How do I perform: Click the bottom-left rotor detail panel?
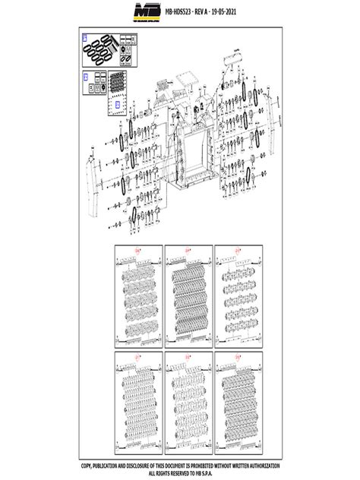(137, 401)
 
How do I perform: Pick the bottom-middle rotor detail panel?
(188, 401)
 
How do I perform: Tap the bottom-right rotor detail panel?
(238, 401)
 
